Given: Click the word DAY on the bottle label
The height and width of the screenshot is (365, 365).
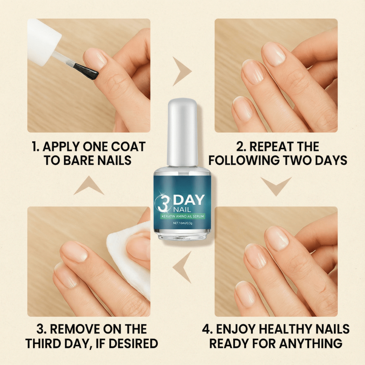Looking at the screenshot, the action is click(189, 200).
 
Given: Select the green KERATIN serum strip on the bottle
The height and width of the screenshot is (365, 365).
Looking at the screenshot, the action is click(183, 216).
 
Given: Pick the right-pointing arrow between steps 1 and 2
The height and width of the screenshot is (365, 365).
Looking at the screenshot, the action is click(182, 71).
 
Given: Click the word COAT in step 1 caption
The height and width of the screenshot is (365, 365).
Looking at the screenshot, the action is click(128, 147).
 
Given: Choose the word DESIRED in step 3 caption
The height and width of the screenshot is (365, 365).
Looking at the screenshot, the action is click(133, 343).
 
